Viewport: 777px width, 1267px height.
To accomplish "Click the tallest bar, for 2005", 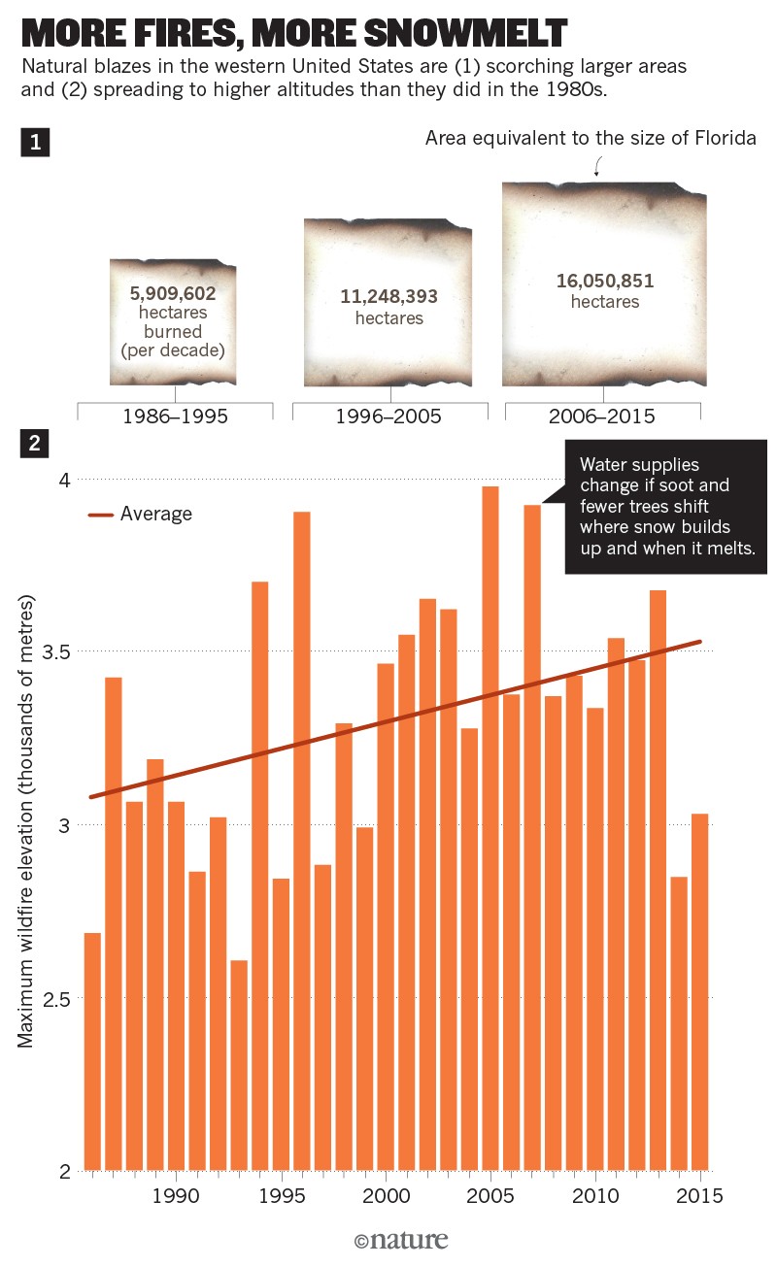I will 490,825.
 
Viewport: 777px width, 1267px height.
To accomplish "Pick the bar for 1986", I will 92,1049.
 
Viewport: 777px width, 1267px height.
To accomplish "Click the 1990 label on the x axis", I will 176,1196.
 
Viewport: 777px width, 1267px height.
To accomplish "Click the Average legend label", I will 156,515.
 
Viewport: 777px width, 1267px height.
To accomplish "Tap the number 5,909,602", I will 173,292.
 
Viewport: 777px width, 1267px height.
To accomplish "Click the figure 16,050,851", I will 604,282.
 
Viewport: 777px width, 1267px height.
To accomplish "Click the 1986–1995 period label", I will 174,417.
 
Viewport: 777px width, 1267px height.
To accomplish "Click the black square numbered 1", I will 35,144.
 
